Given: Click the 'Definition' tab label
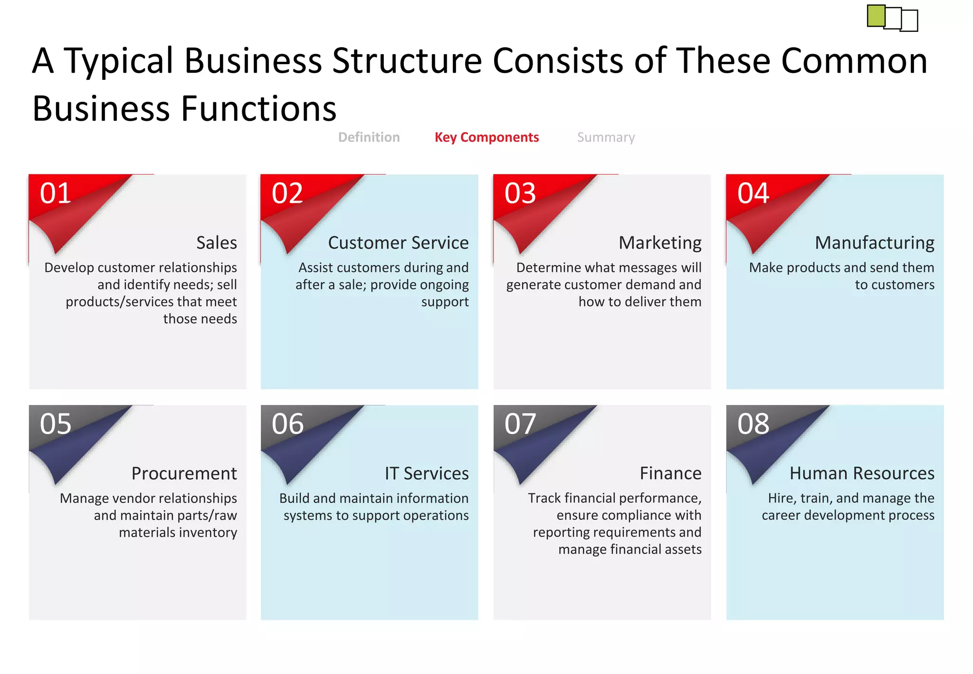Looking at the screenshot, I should click(x=369, y=137).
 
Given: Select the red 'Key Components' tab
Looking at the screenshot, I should click(x=486, y=137).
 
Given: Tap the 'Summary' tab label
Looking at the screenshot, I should click(x=606, y=137).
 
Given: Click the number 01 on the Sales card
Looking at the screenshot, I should click(x=56, y=193).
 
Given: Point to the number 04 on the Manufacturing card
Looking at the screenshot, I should click(x=753, y=193).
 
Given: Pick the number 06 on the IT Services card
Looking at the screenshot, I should click(x=287, y=424).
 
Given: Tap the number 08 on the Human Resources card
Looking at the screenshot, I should click(x=753, y=424).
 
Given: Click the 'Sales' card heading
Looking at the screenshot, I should click(x=217, y=243).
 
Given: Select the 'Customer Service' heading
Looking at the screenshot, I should click(x=398, y=243).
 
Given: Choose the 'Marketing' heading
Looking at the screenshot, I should click(x=660, y=243).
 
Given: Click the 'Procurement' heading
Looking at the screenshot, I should click(x=184, y=473).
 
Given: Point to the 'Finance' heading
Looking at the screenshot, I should click(x=670, y=473).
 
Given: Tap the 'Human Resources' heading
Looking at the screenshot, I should click(x=862, y=473).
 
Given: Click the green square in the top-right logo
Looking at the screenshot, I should click(x=876, y=16).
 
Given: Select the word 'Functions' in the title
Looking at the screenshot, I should click(x=259, y=108).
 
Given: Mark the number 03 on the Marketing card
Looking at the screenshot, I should click(x=520, y=193).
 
